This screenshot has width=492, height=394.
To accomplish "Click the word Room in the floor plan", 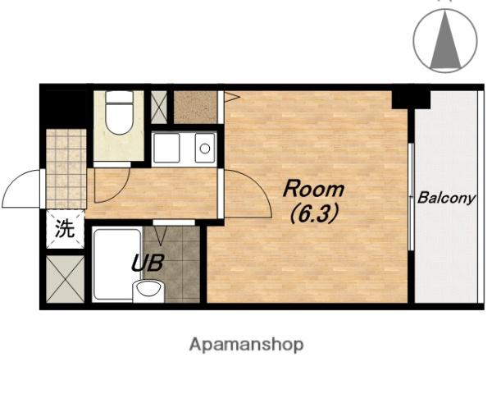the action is pos(313,189).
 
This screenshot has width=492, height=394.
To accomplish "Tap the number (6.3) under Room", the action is pos(314,213).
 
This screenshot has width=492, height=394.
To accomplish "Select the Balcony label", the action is pos(446,199).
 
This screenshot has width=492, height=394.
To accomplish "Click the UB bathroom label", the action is pos(148,263).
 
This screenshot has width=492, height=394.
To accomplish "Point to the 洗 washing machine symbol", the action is pos(66,229).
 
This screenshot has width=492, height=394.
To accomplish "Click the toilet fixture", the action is pos(119,112).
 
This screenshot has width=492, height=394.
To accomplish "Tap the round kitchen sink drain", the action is pos(205,149).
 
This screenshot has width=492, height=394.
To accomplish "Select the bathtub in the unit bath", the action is pos(116,264).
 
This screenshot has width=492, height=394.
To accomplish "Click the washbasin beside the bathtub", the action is pos(148,291).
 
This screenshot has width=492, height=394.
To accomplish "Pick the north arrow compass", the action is pos(445,41).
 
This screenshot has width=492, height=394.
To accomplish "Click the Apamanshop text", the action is pos(247,345).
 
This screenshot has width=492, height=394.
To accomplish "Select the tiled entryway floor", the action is pos(66,169).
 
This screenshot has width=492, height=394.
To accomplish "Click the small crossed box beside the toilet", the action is pos(159,108).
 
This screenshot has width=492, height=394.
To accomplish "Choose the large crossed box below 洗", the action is pos(66,279).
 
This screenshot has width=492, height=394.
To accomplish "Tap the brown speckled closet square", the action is pos(195,108).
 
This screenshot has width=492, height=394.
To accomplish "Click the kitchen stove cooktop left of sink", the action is pos(166,148).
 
